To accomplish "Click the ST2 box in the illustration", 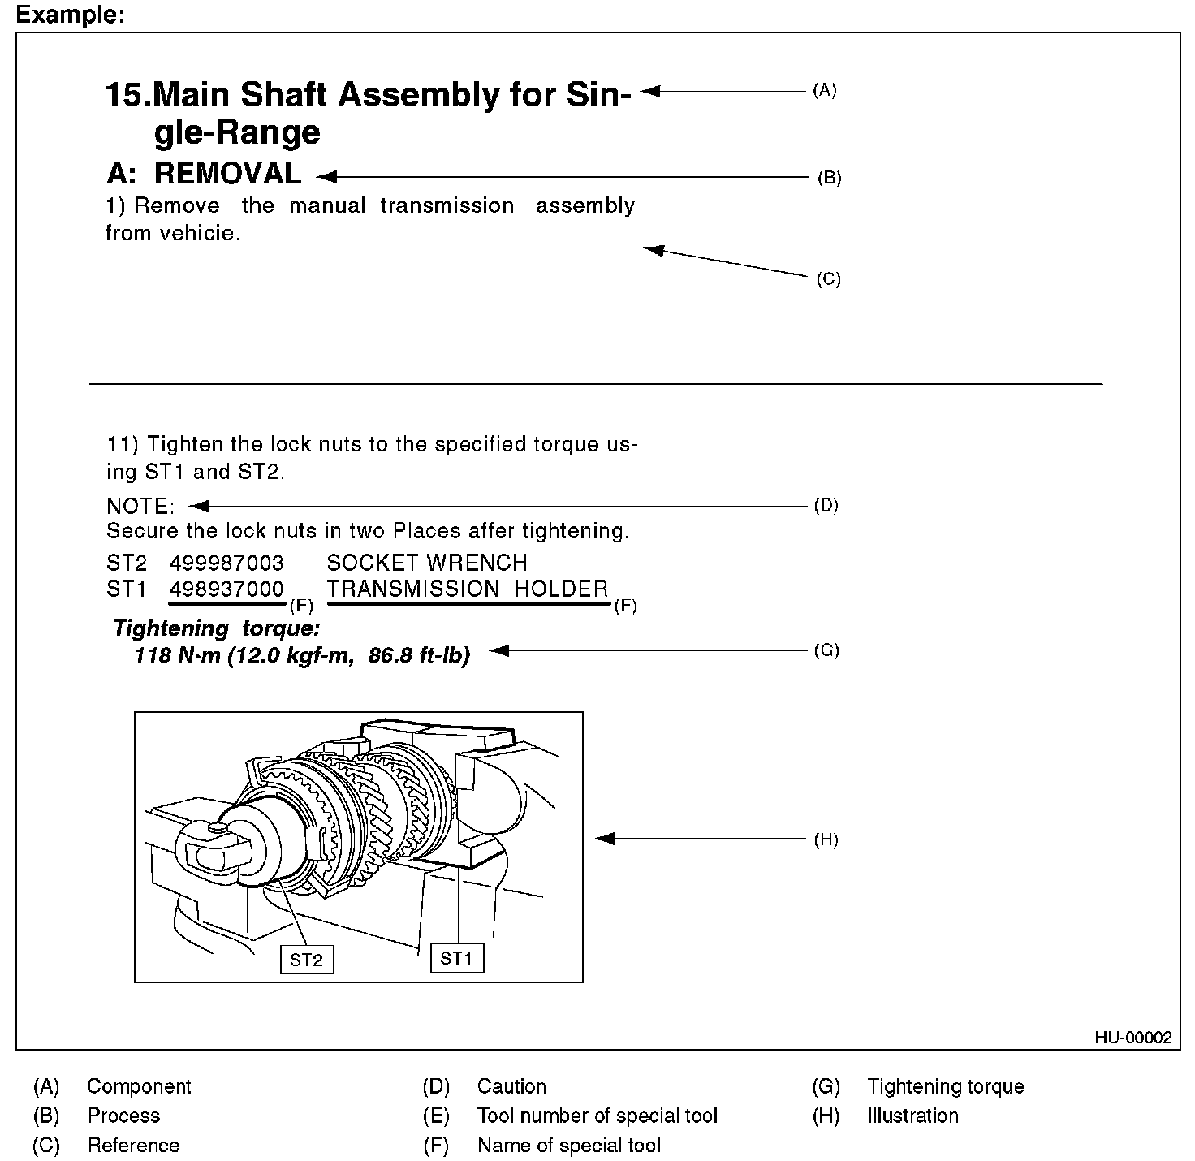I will [306, 960].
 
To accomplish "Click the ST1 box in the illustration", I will [456, 958].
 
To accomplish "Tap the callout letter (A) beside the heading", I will [824, 90].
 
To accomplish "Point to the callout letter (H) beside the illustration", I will [826, 839].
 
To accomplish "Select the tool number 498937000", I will [227, 589].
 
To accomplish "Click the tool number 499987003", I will [227, 563].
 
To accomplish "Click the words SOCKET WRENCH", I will [427, 563].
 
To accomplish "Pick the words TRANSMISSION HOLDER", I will [468, 589].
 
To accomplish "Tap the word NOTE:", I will [140, 507].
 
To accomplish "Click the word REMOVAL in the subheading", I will [228, 174].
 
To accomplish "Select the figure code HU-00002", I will [1133, 1037].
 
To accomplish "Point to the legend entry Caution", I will [511, 1086].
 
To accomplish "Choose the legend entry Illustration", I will [912, 1116].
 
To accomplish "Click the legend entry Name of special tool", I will [569, 1145].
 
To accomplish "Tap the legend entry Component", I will [139, 1086].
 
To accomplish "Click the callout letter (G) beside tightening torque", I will [826, 650].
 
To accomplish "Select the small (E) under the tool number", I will [300, 606].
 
